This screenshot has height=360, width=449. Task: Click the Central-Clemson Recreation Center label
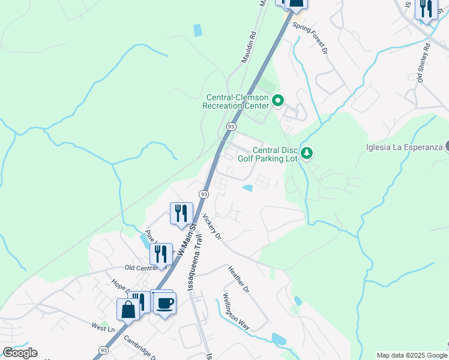tap(238, 101)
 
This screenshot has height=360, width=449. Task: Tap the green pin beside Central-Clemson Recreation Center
tap(277, 101)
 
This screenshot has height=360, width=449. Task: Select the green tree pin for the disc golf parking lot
tap(307, 154)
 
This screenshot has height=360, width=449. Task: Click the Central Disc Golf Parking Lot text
tap(274, 154)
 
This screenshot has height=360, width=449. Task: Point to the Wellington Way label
tap(236, 311)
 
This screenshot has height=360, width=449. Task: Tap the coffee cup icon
tap(163, 302)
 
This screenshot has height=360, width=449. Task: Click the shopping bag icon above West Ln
tap(128, 310)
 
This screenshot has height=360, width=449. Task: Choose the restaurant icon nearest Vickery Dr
tap(180, 213)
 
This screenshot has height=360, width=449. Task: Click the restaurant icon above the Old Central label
tap(160, 253)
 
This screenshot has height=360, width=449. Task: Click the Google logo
tap(20, 353)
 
